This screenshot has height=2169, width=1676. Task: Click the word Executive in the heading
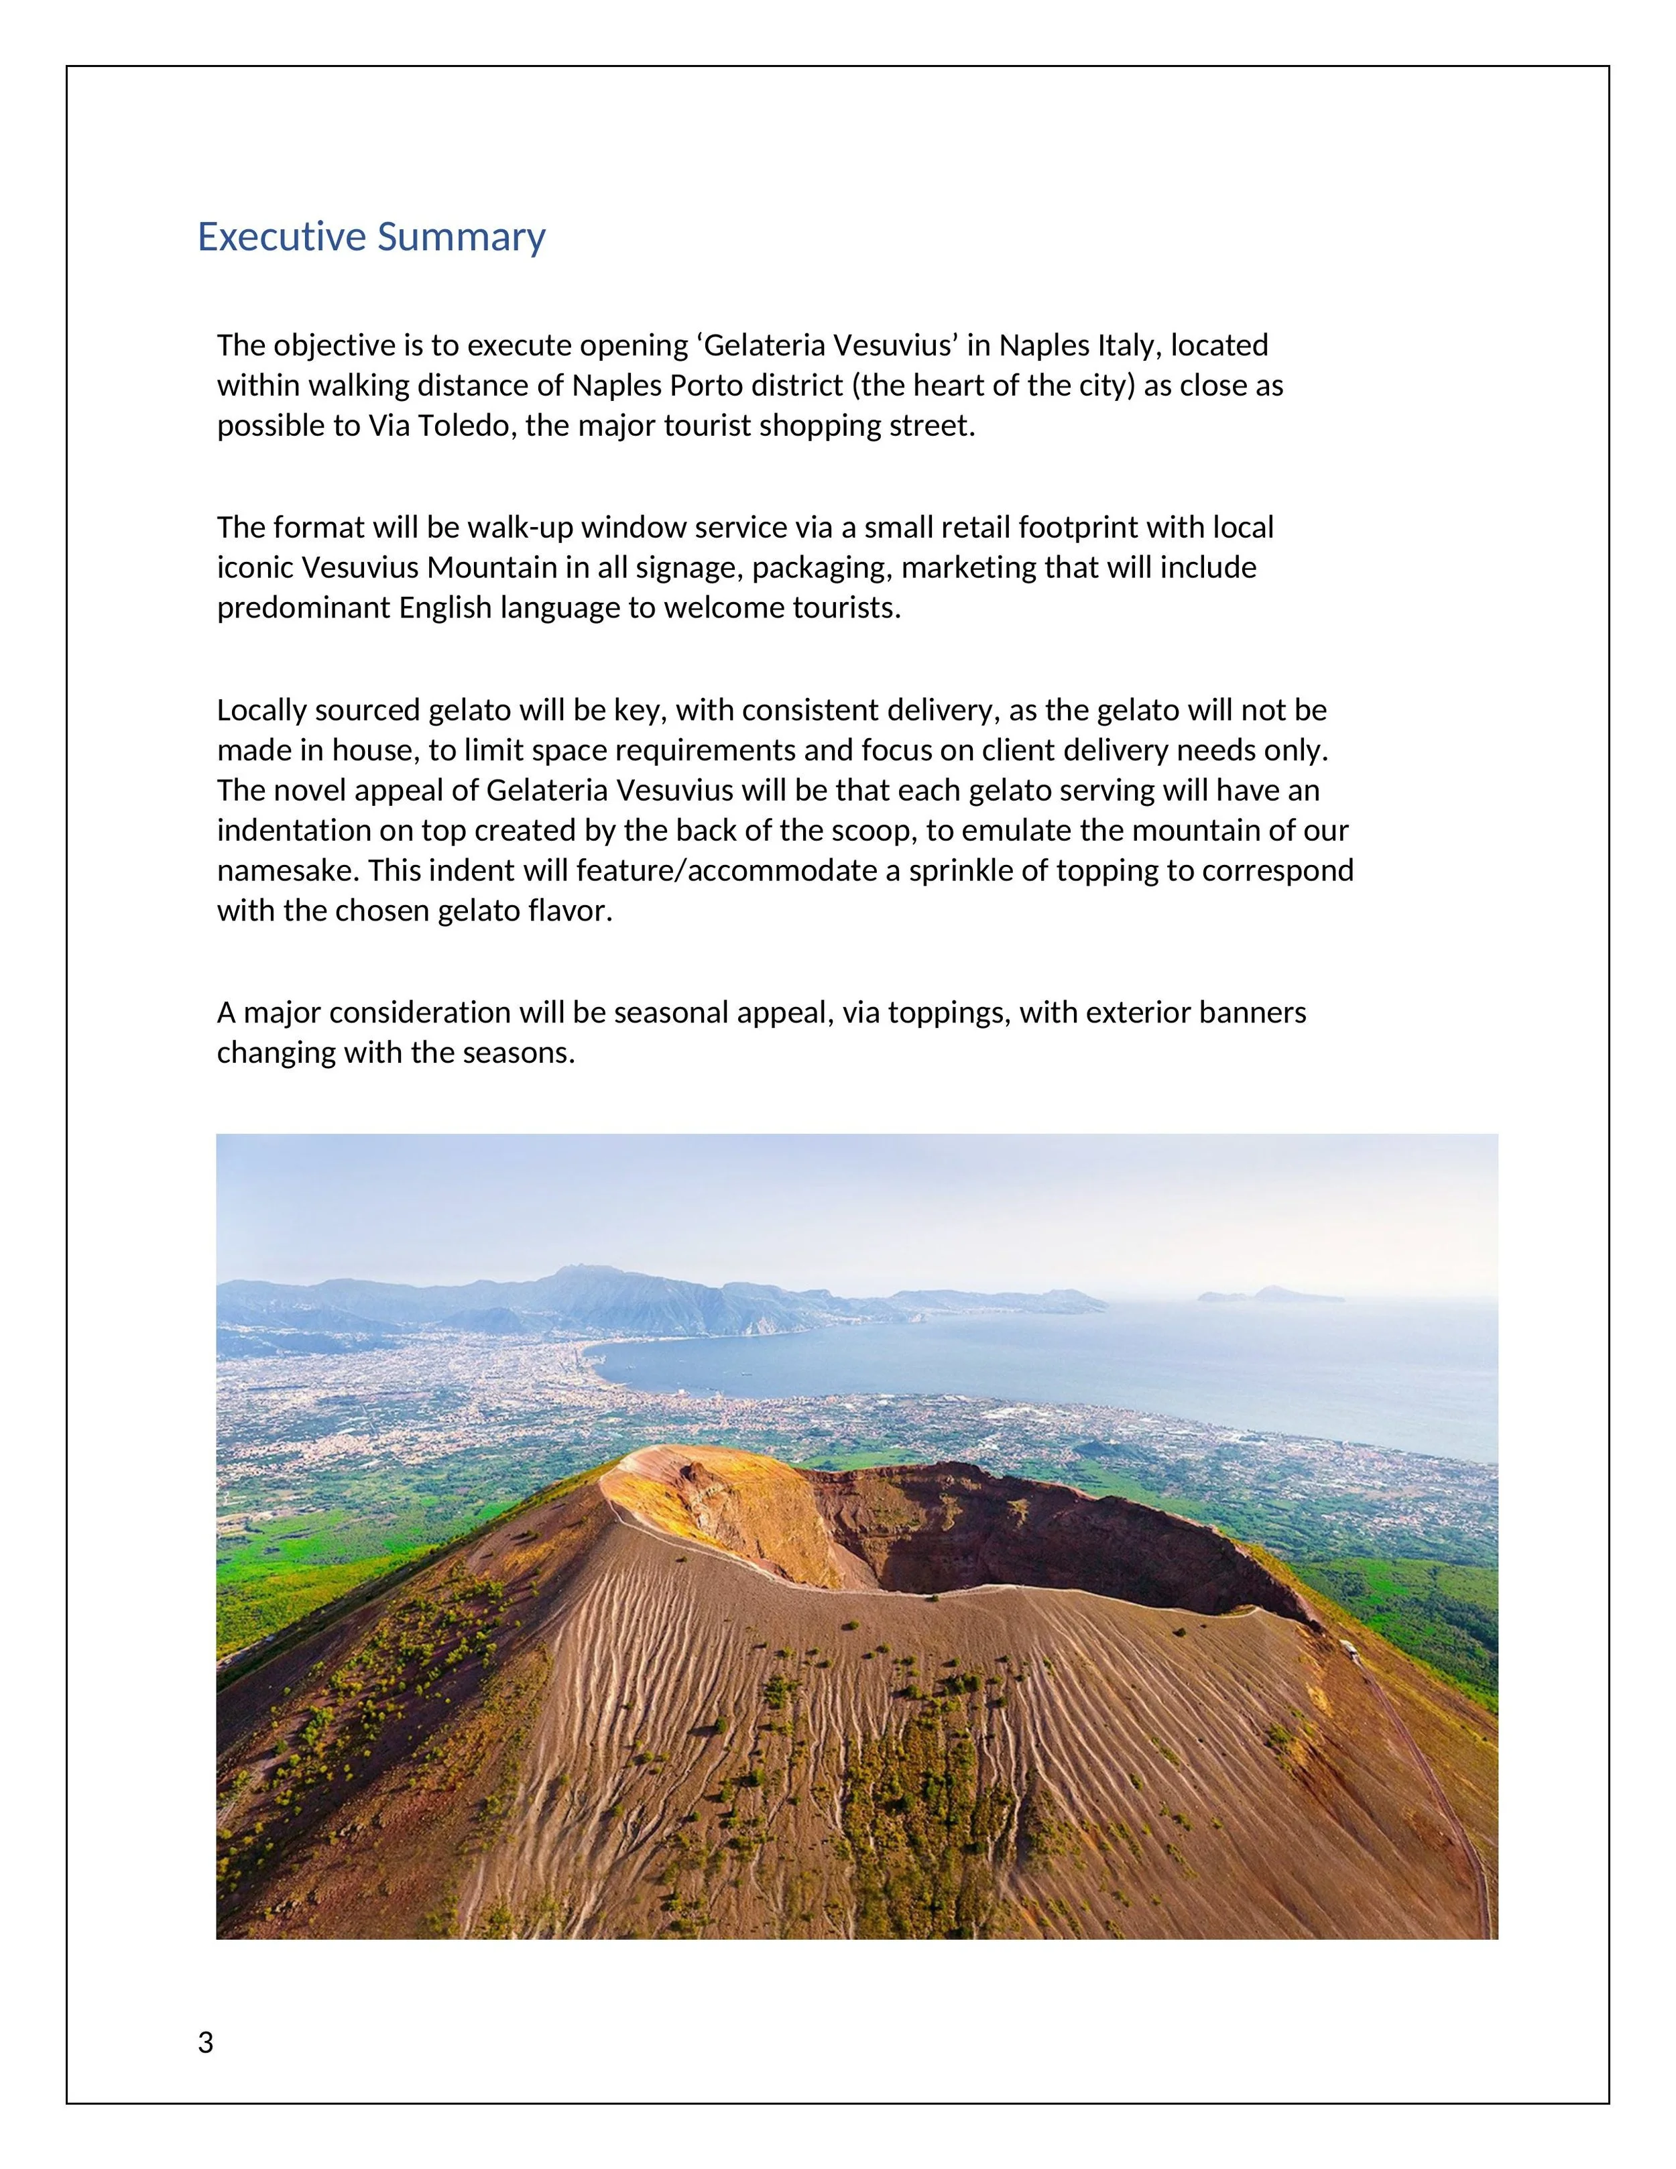pos(282,237)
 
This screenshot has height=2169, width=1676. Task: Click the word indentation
pos(285,830)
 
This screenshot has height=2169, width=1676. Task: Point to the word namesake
pos(288,871)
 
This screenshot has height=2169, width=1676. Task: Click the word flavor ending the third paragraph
pos(575,911)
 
